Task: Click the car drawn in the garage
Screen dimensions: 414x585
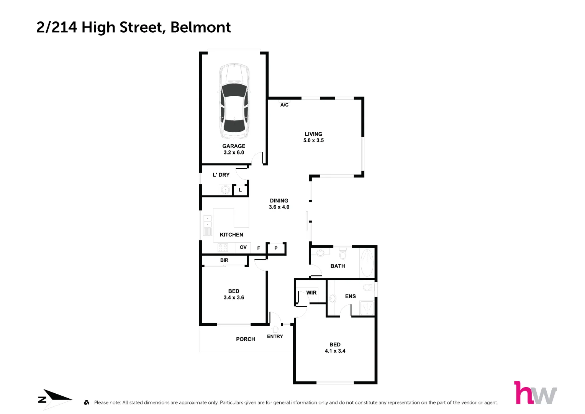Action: click(234, 102)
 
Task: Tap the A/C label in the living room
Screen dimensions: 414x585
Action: click(284, 105)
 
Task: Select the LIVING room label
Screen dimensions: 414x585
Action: click(313, 134)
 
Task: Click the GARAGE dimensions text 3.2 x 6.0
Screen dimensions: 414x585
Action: click(234, 153)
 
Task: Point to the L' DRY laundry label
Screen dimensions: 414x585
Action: click(221, 175)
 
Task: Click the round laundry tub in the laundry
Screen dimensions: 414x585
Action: click(225, 189)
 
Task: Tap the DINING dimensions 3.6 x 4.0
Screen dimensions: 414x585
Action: click(279, 207)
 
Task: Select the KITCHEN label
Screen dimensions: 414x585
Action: click(231, 235)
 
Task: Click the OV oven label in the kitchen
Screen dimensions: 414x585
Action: click(243, 247)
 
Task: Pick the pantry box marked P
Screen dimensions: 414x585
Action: click(276, 248)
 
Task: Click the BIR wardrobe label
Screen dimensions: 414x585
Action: click(224, 260)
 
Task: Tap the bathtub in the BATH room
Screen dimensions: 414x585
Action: click(367, 263)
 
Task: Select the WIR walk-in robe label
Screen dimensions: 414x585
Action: click(311, 293)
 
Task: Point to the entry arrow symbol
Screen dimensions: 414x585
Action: click(275, 329)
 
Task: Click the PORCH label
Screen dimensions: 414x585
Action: click(245, 339)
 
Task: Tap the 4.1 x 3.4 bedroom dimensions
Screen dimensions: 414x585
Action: click(335, 351)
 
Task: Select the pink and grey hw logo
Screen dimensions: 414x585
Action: click(535, 393)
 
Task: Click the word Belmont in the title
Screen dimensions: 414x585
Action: click(200, 27)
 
